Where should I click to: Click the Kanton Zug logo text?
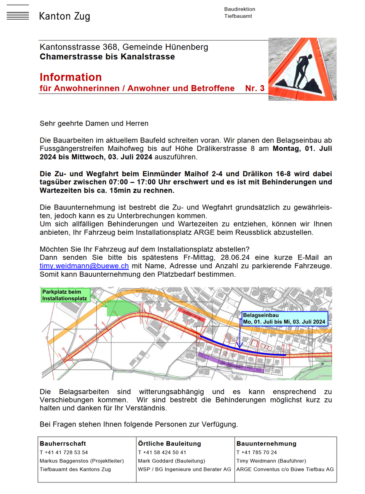65,16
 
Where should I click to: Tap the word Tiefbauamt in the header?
238,16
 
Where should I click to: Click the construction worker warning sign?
302,69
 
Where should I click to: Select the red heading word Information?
71,77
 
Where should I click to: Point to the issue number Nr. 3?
255,88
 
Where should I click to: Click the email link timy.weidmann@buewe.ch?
84,266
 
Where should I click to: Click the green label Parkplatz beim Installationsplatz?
65,295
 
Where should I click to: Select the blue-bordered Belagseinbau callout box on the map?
284,318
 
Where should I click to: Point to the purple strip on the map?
231,362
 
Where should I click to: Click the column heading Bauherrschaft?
63,443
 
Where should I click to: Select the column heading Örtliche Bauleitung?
169,443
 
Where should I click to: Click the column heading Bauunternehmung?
266,443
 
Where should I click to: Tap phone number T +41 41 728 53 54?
64,452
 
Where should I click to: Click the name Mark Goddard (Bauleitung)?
171,461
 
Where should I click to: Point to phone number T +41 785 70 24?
256,452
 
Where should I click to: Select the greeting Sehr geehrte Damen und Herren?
94,124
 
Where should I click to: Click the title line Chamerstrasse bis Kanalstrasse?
107,57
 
